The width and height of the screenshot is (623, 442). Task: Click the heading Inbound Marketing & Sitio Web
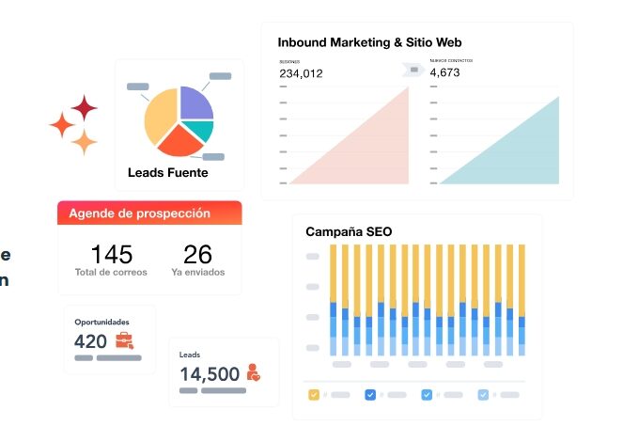pyautogui.click(x=369, y=42)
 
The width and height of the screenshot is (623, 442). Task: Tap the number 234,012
pyautogui.click(x=301, y=73)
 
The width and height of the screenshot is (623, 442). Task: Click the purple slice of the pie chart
pyautogui.click(x=195, y=103)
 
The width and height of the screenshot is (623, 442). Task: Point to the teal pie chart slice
pyautogui.click(x=201, y=129)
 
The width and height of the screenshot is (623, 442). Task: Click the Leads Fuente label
pyautogui.click(x=168, y=173)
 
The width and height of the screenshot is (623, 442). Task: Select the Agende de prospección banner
pyautogui.click(x=149, y=213)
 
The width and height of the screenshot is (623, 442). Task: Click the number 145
pyautogui.click(x=111, y=254)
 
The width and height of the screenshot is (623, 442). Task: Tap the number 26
pyautogui.click(x=197, y=254)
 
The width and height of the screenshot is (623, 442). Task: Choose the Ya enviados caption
pyautogui.click(x=197, y=273)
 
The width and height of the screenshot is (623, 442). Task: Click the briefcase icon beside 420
pyautogui.click(x=124, y=341)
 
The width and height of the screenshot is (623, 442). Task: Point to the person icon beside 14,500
pyautogui.click(x=253, y=372)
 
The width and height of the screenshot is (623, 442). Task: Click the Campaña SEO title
pyautogui.click(x=349, y=231)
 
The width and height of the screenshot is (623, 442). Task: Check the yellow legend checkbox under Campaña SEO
pyautogui.click(x=314, y=395)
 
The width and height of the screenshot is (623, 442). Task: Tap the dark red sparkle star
pyautogui.click(x=85, y=108)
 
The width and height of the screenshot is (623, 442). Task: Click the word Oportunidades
pyautogui.click(x=101, y=322)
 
